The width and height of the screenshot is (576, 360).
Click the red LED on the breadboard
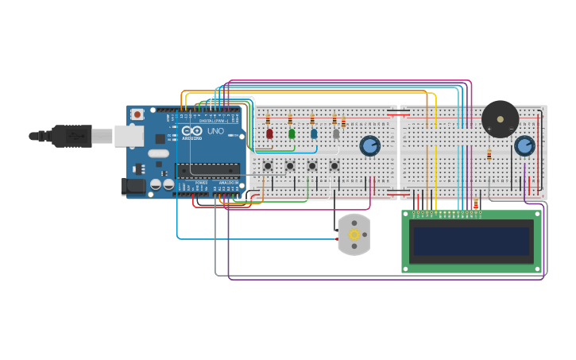(x=269, y=134)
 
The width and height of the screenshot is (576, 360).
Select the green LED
(x=292, y=134)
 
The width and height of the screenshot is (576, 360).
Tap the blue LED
(x=314, y=134)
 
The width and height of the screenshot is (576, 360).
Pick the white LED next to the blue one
(x=336, y=134)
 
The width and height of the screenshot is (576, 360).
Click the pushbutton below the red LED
(x=268, y=166)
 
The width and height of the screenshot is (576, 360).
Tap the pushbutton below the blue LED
(x=312, y=166)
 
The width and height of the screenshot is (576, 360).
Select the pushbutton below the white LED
(x=334, y=166)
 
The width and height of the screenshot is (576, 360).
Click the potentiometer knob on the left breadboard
(x=369, y=145)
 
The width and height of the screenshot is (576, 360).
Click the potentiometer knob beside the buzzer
(x=524, y=145)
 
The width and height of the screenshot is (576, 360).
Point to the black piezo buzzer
(x=500, y=119)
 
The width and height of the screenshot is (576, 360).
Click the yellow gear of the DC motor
(x=354, y=234)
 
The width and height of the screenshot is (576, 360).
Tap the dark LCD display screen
(x=472, y=242)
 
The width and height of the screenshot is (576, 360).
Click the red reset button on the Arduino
(x=137, y=114)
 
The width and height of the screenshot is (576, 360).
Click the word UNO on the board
(x=215, y=131)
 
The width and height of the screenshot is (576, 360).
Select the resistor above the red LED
(x=268, y=119)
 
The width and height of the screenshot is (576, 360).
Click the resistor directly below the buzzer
(x=489, y=155)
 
